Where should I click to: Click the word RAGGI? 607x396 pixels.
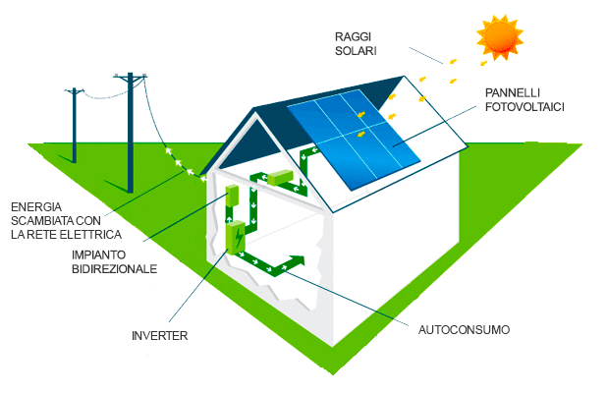(x=353, y=34)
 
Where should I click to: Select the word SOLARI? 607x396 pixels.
(x=355, y=50)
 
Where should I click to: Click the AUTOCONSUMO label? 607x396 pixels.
(x=465, y=328)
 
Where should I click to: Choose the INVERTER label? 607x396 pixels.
(x=159, y=336)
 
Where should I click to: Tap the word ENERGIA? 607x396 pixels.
(x=36, y=207)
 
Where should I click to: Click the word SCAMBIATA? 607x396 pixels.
(x=44, y=221)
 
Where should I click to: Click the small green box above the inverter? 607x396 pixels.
(x=233, y=194)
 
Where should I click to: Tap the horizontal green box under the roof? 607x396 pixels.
(x=280, y=177)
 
